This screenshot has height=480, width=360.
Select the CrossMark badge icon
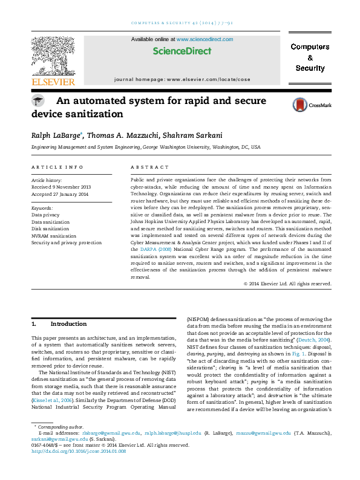[305, 104]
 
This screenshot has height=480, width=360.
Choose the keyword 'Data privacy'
[45, 214]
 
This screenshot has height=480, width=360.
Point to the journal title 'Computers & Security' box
[310, 57]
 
